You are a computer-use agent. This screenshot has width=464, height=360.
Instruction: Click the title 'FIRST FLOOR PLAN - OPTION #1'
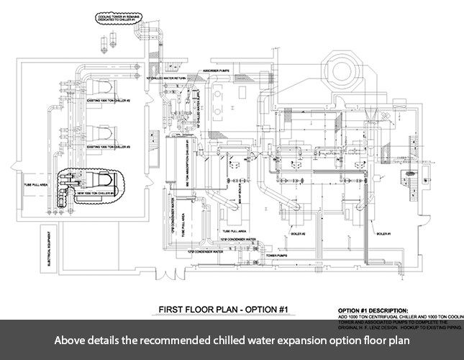224,310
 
